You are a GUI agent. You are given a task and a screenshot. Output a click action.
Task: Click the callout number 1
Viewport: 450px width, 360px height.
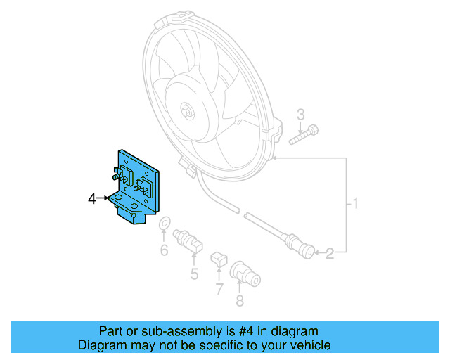[x=356, y=205]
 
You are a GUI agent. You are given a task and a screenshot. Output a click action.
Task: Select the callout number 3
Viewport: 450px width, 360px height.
[x=300, y=114]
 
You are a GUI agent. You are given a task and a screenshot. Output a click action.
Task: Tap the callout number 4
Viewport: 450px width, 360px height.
[x=91, y=200]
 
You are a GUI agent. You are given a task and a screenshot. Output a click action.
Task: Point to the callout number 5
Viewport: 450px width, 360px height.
[x=195, y=274]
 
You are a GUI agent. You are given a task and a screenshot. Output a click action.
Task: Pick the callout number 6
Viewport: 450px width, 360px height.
[x=164, y=250]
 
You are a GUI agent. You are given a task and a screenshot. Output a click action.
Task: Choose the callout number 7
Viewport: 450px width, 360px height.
[x=219, y=288]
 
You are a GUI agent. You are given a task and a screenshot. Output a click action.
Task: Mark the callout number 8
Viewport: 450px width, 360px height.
[x=240, y=301]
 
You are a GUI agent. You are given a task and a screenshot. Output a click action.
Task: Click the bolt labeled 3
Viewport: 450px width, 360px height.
[x=304, y=135]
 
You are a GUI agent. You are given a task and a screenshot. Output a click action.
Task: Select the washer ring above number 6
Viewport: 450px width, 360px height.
[x=164, y=224]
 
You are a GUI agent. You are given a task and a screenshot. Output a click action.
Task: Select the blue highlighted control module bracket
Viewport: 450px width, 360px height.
[x=137, y=186]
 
